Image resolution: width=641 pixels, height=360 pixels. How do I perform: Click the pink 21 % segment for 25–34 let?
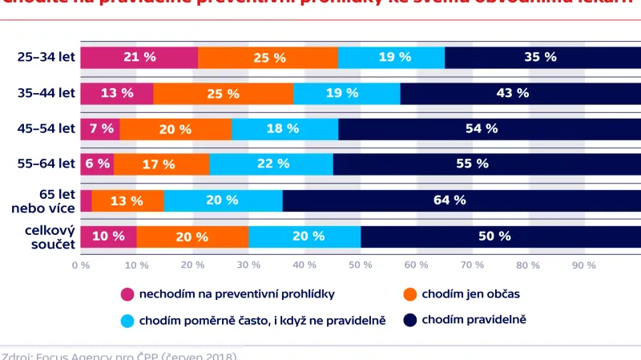tap(139, 57)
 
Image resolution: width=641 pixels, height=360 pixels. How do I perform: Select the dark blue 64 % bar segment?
tap(461, 200)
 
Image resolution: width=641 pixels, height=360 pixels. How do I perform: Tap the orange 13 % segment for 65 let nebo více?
tap(127, 200)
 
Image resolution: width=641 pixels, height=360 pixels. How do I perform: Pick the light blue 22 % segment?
tap(271, 164)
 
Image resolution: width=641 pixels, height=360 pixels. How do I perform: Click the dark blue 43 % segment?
tap(513, 93)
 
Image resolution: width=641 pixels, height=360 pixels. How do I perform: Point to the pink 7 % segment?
tap(100, 128)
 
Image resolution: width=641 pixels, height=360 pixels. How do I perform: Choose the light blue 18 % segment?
tap(284, 128)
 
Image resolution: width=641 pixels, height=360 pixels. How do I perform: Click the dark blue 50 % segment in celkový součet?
tap(494, 236)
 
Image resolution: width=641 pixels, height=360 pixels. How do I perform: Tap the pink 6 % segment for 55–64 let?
tap(97, 164)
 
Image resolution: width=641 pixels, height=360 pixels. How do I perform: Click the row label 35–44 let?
tap(46, 93)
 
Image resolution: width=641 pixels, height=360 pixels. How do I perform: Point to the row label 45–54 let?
tap(46, 128)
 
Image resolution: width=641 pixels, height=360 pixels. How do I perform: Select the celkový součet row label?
tap(47, 236)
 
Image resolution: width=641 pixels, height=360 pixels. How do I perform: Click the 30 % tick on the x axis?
tap(248, 265)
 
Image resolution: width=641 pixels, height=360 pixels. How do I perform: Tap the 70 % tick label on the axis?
tap(472, 265)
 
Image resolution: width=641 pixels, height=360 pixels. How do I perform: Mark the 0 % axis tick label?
tap(80, 265)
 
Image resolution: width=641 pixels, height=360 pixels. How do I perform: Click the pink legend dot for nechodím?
tap(127, 294)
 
